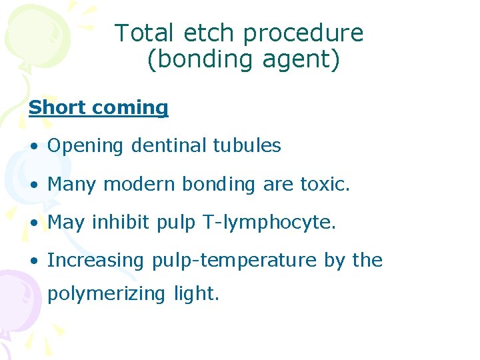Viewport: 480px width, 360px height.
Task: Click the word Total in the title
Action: pyautogui.click(x=143, y=33)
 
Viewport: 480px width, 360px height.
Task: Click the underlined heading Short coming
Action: pyautogui.click(x=98, y=108)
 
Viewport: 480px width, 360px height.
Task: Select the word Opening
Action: pyautogui.click(x=85, y=146)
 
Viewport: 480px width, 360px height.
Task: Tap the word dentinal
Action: pyautogui.click(x=169, y=145)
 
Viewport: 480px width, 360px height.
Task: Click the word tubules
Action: pyautogui.click(x=247, y=145)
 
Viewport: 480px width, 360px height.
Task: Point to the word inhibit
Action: pyautogui.click(x=121, y=222)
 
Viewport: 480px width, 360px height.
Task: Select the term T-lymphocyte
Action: pyautogui.click(x=267, y=223)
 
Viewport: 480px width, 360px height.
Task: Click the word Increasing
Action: pyautogui.click(x=95, y=261)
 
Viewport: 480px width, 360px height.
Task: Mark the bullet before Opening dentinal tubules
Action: pyautogui.click(x=33, y=146)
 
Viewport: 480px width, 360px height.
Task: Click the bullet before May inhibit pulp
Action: pyautogui.click(x=33, y=223)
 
